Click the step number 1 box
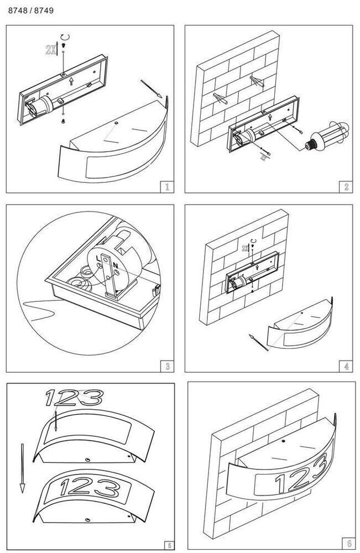pos(166,186)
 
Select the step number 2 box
pos(346,186)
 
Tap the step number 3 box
pos(166,366)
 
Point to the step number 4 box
pos(346,366)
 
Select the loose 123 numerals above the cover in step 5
pos(74,397)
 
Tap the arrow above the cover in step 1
pos(152,88)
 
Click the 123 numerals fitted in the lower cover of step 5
pos(88,488)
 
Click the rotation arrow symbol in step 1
pos(65,38)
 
